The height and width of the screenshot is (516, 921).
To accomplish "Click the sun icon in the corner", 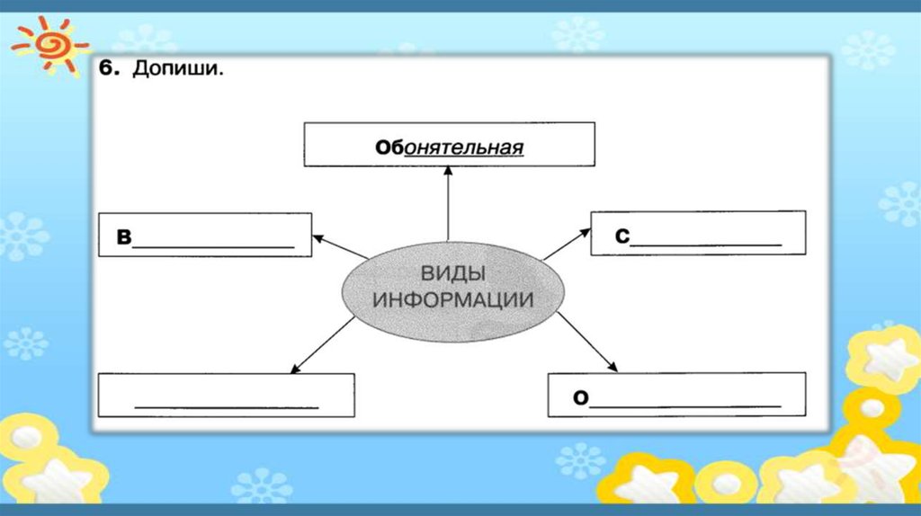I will [x=49, y=43].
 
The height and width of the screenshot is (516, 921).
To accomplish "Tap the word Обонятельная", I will [x=449, y=147].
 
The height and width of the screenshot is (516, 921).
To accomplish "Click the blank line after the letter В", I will [x=213, y=245].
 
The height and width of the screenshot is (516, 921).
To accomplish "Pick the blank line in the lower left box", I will [x=226, y=407].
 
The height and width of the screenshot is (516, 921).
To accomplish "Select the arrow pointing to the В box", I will [x=339, y=247].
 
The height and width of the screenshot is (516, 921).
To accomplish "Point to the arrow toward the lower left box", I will [x=322, y=343].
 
